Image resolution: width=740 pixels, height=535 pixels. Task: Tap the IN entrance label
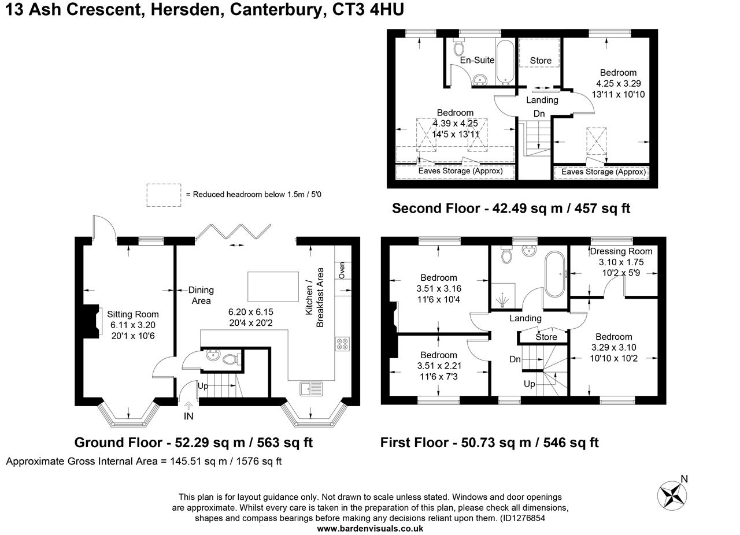[188, 417]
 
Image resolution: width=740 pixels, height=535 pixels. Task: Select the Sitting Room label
[133, 314]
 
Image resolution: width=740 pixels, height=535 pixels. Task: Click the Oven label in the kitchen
[342, 270]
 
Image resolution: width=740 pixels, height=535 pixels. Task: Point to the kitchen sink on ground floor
[311, 389]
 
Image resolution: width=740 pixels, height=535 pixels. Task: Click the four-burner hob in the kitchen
[343, 344]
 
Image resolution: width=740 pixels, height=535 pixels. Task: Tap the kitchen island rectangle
[273, 287]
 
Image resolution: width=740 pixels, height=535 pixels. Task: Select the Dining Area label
[201, 295]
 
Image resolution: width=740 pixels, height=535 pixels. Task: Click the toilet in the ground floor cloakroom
[232, 359]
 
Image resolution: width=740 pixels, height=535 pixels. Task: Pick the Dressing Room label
[621, 251]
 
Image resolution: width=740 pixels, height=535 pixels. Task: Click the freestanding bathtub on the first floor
[555, 274]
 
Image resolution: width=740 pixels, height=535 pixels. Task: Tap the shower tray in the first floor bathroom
[503, 296]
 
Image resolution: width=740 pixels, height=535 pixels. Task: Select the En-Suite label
[477, 60]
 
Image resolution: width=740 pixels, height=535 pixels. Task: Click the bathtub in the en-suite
[505, 62]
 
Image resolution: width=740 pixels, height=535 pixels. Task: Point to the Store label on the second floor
[541, 61]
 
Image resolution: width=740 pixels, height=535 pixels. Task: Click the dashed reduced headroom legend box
[164, 195]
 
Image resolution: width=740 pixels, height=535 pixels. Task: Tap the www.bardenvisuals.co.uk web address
[370, 529]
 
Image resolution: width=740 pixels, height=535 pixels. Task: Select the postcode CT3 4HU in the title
[368, 9]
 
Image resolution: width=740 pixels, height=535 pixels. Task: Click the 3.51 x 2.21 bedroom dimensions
[439, 366]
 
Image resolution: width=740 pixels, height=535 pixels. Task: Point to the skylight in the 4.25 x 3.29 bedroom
[596, 141]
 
